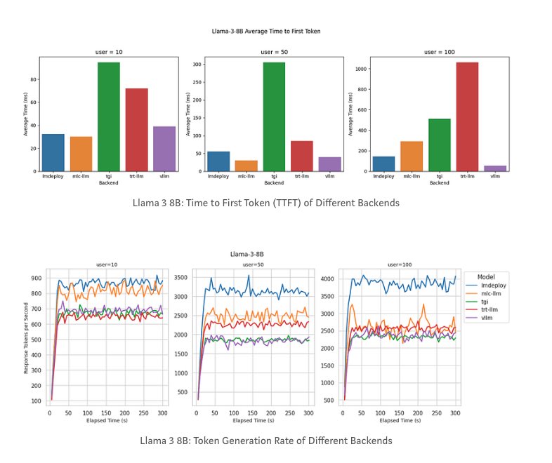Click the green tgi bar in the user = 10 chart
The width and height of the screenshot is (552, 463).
tap(108, 116)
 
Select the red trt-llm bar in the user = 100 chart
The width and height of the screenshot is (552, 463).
tap(467, 116)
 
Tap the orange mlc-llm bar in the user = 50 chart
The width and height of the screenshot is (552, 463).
tap(246, 166)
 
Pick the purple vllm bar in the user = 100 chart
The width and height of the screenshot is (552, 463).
tap(495, 168)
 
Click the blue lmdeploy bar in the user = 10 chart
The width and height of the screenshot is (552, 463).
tap(53, 152)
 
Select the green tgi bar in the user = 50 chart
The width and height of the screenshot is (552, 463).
tap(274, 116)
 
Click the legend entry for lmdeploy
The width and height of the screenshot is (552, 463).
tap(495, 286)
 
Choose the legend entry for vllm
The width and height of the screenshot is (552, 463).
tap(492, 318)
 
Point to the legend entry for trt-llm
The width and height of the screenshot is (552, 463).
tap(494, 310)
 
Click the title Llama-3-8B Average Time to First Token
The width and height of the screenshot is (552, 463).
tap(265, 32)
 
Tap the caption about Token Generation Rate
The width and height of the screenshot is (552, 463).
tap(265, 441)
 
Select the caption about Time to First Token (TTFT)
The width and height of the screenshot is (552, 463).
tap(265, 203)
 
